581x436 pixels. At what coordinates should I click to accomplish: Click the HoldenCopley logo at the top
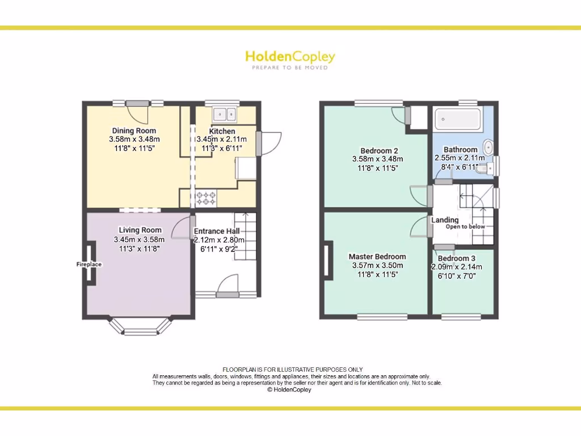pyautogui.click(x=290, y=57)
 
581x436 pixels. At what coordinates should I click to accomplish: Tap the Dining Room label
pyautogui.click(x=134, y=131)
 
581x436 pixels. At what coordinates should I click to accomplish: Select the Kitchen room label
pyautogui.click(x=222, y=131)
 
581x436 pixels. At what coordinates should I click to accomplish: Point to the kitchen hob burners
pyautogui.click(x=206, y=198)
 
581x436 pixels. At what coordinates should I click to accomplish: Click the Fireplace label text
pyautogui.click(x=89, y=265)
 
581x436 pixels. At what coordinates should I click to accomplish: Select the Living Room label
pyautogui.click(x=140, y=230)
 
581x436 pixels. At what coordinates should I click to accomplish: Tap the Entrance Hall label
pyautogui.click(x=217, y=231)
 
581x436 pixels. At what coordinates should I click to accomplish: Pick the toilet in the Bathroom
pyautogui.click(x=483, y=169)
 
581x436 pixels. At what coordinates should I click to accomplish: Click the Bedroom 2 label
pyautogui.click(x=375, y=150)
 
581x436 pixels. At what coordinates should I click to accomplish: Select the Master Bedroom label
pyautogui.click(x=377, y=257)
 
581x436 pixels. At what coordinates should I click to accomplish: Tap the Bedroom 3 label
pyautogui.click(x=457, y=258)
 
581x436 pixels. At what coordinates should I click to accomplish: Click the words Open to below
pyautogui.click(x=465, y=227)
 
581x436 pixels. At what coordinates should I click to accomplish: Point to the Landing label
pyautogui.click(x=445, y=220)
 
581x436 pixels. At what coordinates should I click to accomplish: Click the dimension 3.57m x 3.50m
pyautogui.click(x=377, y=265)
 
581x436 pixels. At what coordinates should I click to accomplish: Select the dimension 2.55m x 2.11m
pyautogui.click(x=460, y=158)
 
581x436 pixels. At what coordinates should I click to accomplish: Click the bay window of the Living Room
pyautogui.click(x=140, y=328)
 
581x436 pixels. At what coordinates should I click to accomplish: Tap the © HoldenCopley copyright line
pyautogui.click(x=289, y=390)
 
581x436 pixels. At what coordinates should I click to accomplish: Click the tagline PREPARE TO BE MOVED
pyautogui.click(x=290, y=68)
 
